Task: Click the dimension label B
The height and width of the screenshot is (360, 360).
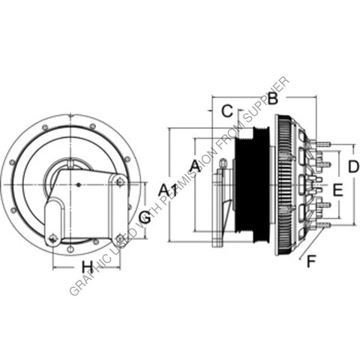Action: tap(273, 98)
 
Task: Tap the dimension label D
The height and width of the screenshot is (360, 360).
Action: tap(353, 166)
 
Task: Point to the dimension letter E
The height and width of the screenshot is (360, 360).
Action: tap(337, 190)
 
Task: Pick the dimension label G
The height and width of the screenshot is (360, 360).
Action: tap(145, 218)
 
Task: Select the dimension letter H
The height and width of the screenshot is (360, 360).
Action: tap(87, 266)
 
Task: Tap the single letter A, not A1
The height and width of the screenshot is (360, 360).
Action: tap(195, 165)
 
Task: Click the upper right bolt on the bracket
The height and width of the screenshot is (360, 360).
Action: tap(118, 178)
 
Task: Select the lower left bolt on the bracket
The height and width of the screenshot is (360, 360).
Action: tap(52, 238)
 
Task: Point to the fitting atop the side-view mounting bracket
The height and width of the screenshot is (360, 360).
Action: tap(219, 172)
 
